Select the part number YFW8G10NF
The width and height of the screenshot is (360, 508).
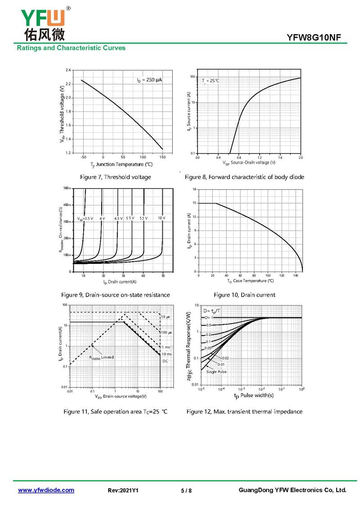(x=317, y=38)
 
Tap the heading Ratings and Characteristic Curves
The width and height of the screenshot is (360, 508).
(x=71, y=48)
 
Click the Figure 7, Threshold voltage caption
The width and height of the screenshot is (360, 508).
(x=115, y=177)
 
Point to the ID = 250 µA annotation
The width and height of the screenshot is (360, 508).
(x=149, y=80)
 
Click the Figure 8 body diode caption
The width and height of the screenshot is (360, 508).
(x=244, y=177)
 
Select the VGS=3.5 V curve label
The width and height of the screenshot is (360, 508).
(x=85, y=218)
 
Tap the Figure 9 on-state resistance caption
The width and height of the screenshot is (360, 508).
(x=116, y=295)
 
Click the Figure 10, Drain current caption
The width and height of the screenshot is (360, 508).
(x=244, y=295)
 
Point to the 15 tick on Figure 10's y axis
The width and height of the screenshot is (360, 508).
(x=194, y=203)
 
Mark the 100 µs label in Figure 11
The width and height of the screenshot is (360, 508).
(x=166, y=332)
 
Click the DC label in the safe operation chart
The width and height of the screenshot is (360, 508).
(x=165, y=361)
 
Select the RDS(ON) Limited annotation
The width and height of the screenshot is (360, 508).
(x=101, y=357)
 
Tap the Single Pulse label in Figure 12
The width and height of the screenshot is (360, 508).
(x=216, y=372)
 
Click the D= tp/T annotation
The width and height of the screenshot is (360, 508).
(x=211, y=311)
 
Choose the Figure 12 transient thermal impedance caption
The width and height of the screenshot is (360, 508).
(x=244, y=412)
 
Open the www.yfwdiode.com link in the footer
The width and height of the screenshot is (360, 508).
(x=46, y=490)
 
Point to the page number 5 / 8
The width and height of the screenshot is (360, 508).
(x=186, y=490)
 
